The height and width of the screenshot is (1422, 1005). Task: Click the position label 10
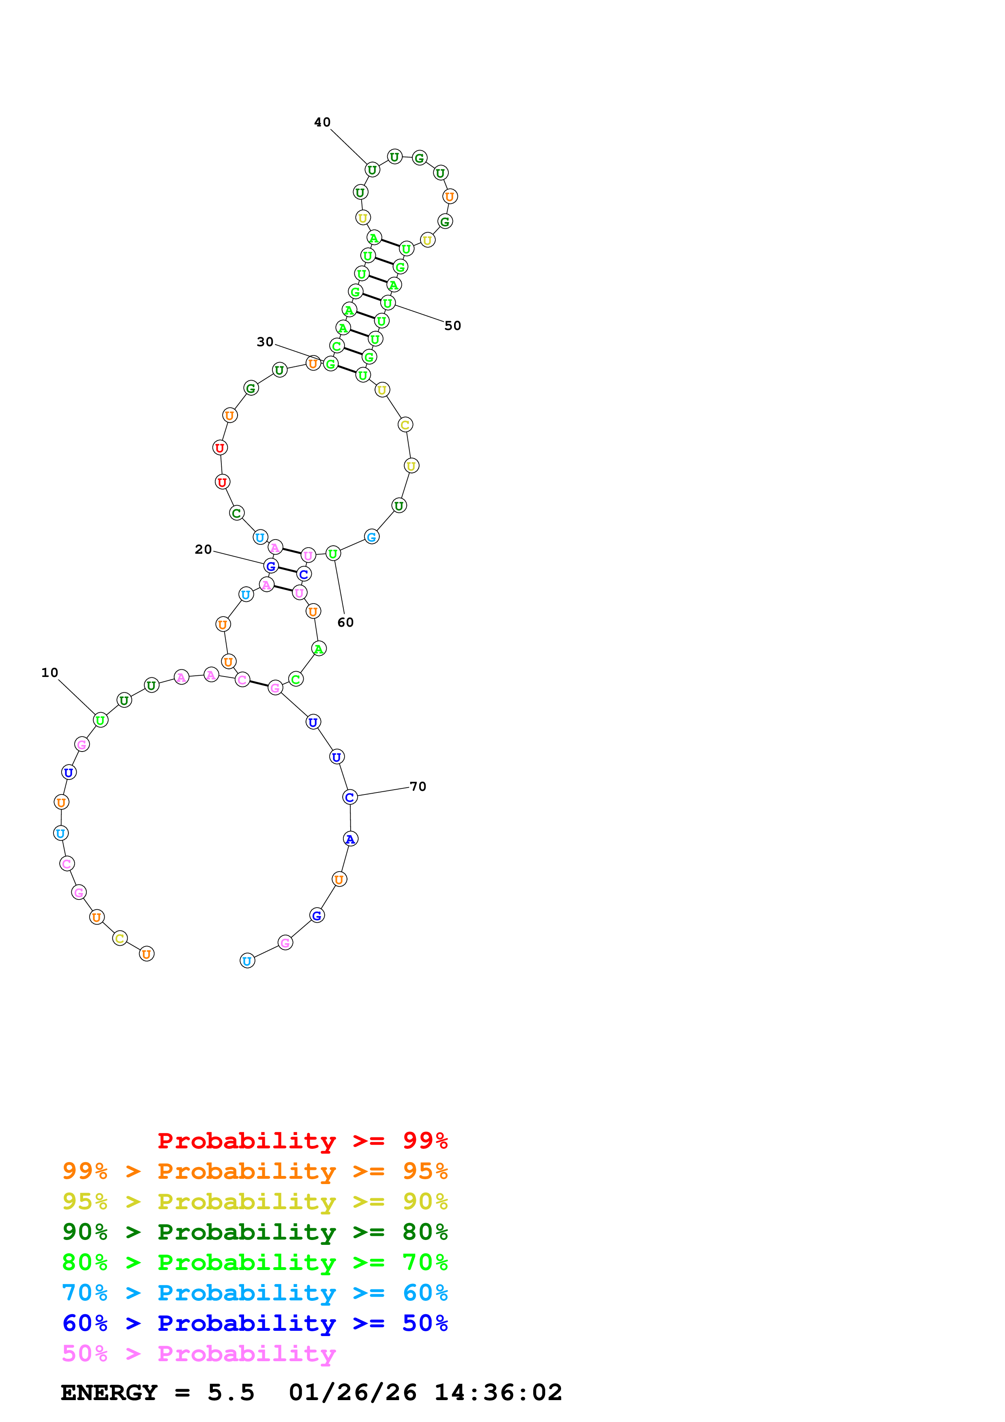(49, 672)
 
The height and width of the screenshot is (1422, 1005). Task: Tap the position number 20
(203, 549)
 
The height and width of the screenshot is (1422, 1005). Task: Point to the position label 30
(265, 342)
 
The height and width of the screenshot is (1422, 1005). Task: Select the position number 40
(322, 122)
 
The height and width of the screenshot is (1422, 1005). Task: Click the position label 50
(453, 326)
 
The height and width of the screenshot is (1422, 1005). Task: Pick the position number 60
(345, 623)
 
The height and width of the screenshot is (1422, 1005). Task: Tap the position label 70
(418, 786)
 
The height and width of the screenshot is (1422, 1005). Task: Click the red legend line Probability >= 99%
(302, 1140)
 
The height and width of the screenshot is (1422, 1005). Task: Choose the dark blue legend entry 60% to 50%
(255, 1323)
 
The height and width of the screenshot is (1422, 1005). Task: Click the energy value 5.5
(231, 1393)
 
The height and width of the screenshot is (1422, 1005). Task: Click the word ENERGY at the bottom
(109, 1393)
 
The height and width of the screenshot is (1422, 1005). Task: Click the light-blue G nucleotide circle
(371, 537)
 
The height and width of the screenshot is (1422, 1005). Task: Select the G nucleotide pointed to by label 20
(270, 566)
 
